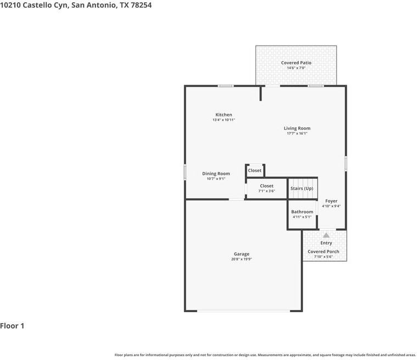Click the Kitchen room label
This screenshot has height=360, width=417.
pyautogui.click(x=224, y=115)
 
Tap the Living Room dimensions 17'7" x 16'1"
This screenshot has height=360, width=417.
pyautogui.click(x=297, y=134)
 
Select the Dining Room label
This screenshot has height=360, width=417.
pyautogui.click(x=216, y=174)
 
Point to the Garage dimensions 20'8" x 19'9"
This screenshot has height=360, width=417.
pyautogui.click(x=242, y=259)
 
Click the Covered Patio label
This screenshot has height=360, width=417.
pyautogui.click(x=296, y=63)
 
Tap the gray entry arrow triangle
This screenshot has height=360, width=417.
pyautogui.click(x=326, y=235)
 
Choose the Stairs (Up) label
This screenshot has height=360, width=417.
pyautogui.click(x=302, y=189)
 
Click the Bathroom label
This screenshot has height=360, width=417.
pyautogui.click(x=302, y=212)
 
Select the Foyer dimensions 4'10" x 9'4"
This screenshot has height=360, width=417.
pyautogui.click(x=331, y=206)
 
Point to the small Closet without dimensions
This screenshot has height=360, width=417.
pyautogui.click(x=254, y=170)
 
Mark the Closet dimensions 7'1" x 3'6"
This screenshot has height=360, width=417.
pyautogui.click(x=267, y=191)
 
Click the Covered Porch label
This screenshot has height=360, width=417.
pyautogui.click(x=324, y=251)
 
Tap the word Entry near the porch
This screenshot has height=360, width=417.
pyautogui.click(x=326, y=243)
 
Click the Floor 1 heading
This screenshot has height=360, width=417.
pyautogui.click(x=12, y=326)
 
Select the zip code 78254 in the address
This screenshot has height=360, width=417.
pyautogui.click(x=141, y=5)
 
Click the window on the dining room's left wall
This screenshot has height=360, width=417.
pyautogui.click(x=185, y=172)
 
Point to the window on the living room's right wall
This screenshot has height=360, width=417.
pyautogui.click(x=346, y=163)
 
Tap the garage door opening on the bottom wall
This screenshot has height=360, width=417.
pyautogui.click(x=243, y=311)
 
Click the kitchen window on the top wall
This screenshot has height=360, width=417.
pyautogui.click(x=226, y=86)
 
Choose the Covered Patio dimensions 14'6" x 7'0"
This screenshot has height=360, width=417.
pyautogui.click(x=296, y=68)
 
